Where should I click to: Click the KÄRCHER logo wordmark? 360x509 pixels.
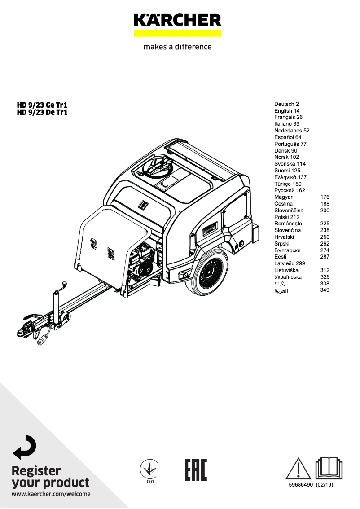tap(177, 20)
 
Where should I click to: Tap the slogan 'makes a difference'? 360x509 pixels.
tap(177, 47)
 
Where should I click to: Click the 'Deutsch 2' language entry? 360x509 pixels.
tap(286, 104)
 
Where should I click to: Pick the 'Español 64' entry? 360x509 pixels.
tap(288, 137)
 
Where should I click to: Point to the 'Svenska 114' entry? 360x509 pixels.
tap(290, 164)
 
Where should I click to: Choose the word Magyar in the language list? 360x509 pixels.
tap(283, 197)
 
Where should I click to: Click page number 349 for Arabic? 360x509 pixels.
tap(325, 290)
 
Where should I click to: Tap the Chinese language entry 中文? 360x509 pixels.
tap(280, 284)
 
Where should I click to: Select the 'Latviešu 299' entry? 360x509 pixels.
tap(290, 263)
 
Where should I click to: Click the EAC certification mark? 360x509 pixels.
tap(196, 470)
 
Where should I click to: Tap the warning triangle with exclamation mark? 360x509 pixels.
tap(298, 469)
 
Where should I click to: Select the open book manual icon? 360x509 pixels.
tap(329, 468)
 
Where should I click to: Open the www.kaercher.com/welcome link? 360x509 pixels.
tap(51, 494)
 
